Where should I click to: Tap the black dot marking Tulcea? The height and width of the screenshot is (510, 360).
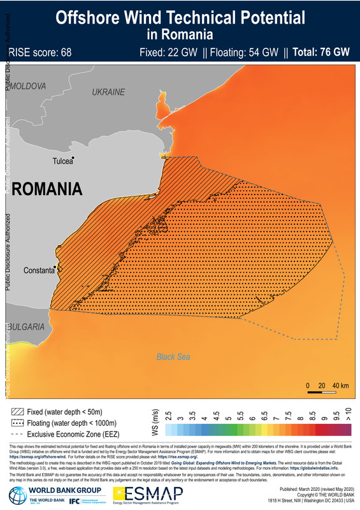[x=74, y=158]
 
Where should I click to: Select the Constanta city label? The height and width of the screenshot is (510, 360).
[x=38, y=270]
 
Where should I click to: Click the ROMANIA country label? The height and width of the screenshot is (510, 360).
[x=47, y=189]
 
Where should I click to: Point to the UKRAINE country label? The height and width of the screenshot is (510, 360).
[x=108, y=92]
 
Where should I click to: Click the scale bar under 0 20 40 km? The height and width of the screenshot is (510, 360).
[x=327, y=394]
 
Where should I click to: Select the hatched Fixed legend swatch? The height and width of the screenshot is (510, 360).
[x=18, y=412]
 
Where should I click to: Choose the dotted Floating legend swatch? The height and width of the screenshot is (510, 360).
[x=18, y=423]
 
